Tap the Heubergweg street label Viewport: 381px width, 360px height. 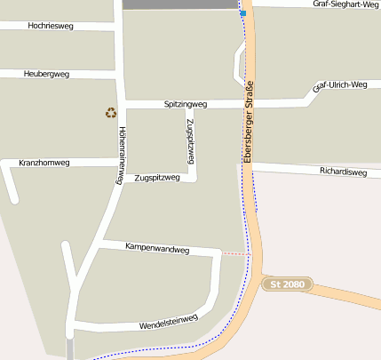(x=47, y=74)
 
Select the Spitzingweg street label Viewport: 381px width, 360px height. (x=185, y=105)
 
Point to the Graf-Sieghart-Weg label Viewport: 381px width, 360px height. (x=345, y=4)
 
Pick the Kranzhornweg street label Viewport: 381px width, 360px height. (x=44, y=164)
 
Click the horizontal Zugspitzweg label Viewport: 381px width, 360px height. (x=156, y=178)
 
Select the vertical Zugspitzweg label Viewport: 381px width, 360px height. (x=190, y=140)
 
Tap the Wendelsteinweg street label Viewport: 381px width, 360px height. (x=168, y=322)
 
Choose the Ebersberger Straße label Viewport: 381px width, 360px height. (x=249, y=121)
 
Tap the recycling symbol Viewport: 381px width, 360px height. (x=111, y=113)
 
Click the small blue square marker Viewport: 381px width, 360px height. (x=242, y=13)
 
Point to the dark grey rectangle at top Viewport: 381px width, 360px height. (x=180, y=4)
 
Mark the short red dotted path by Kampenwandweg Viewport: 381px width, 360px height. (x=235, y=254)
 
